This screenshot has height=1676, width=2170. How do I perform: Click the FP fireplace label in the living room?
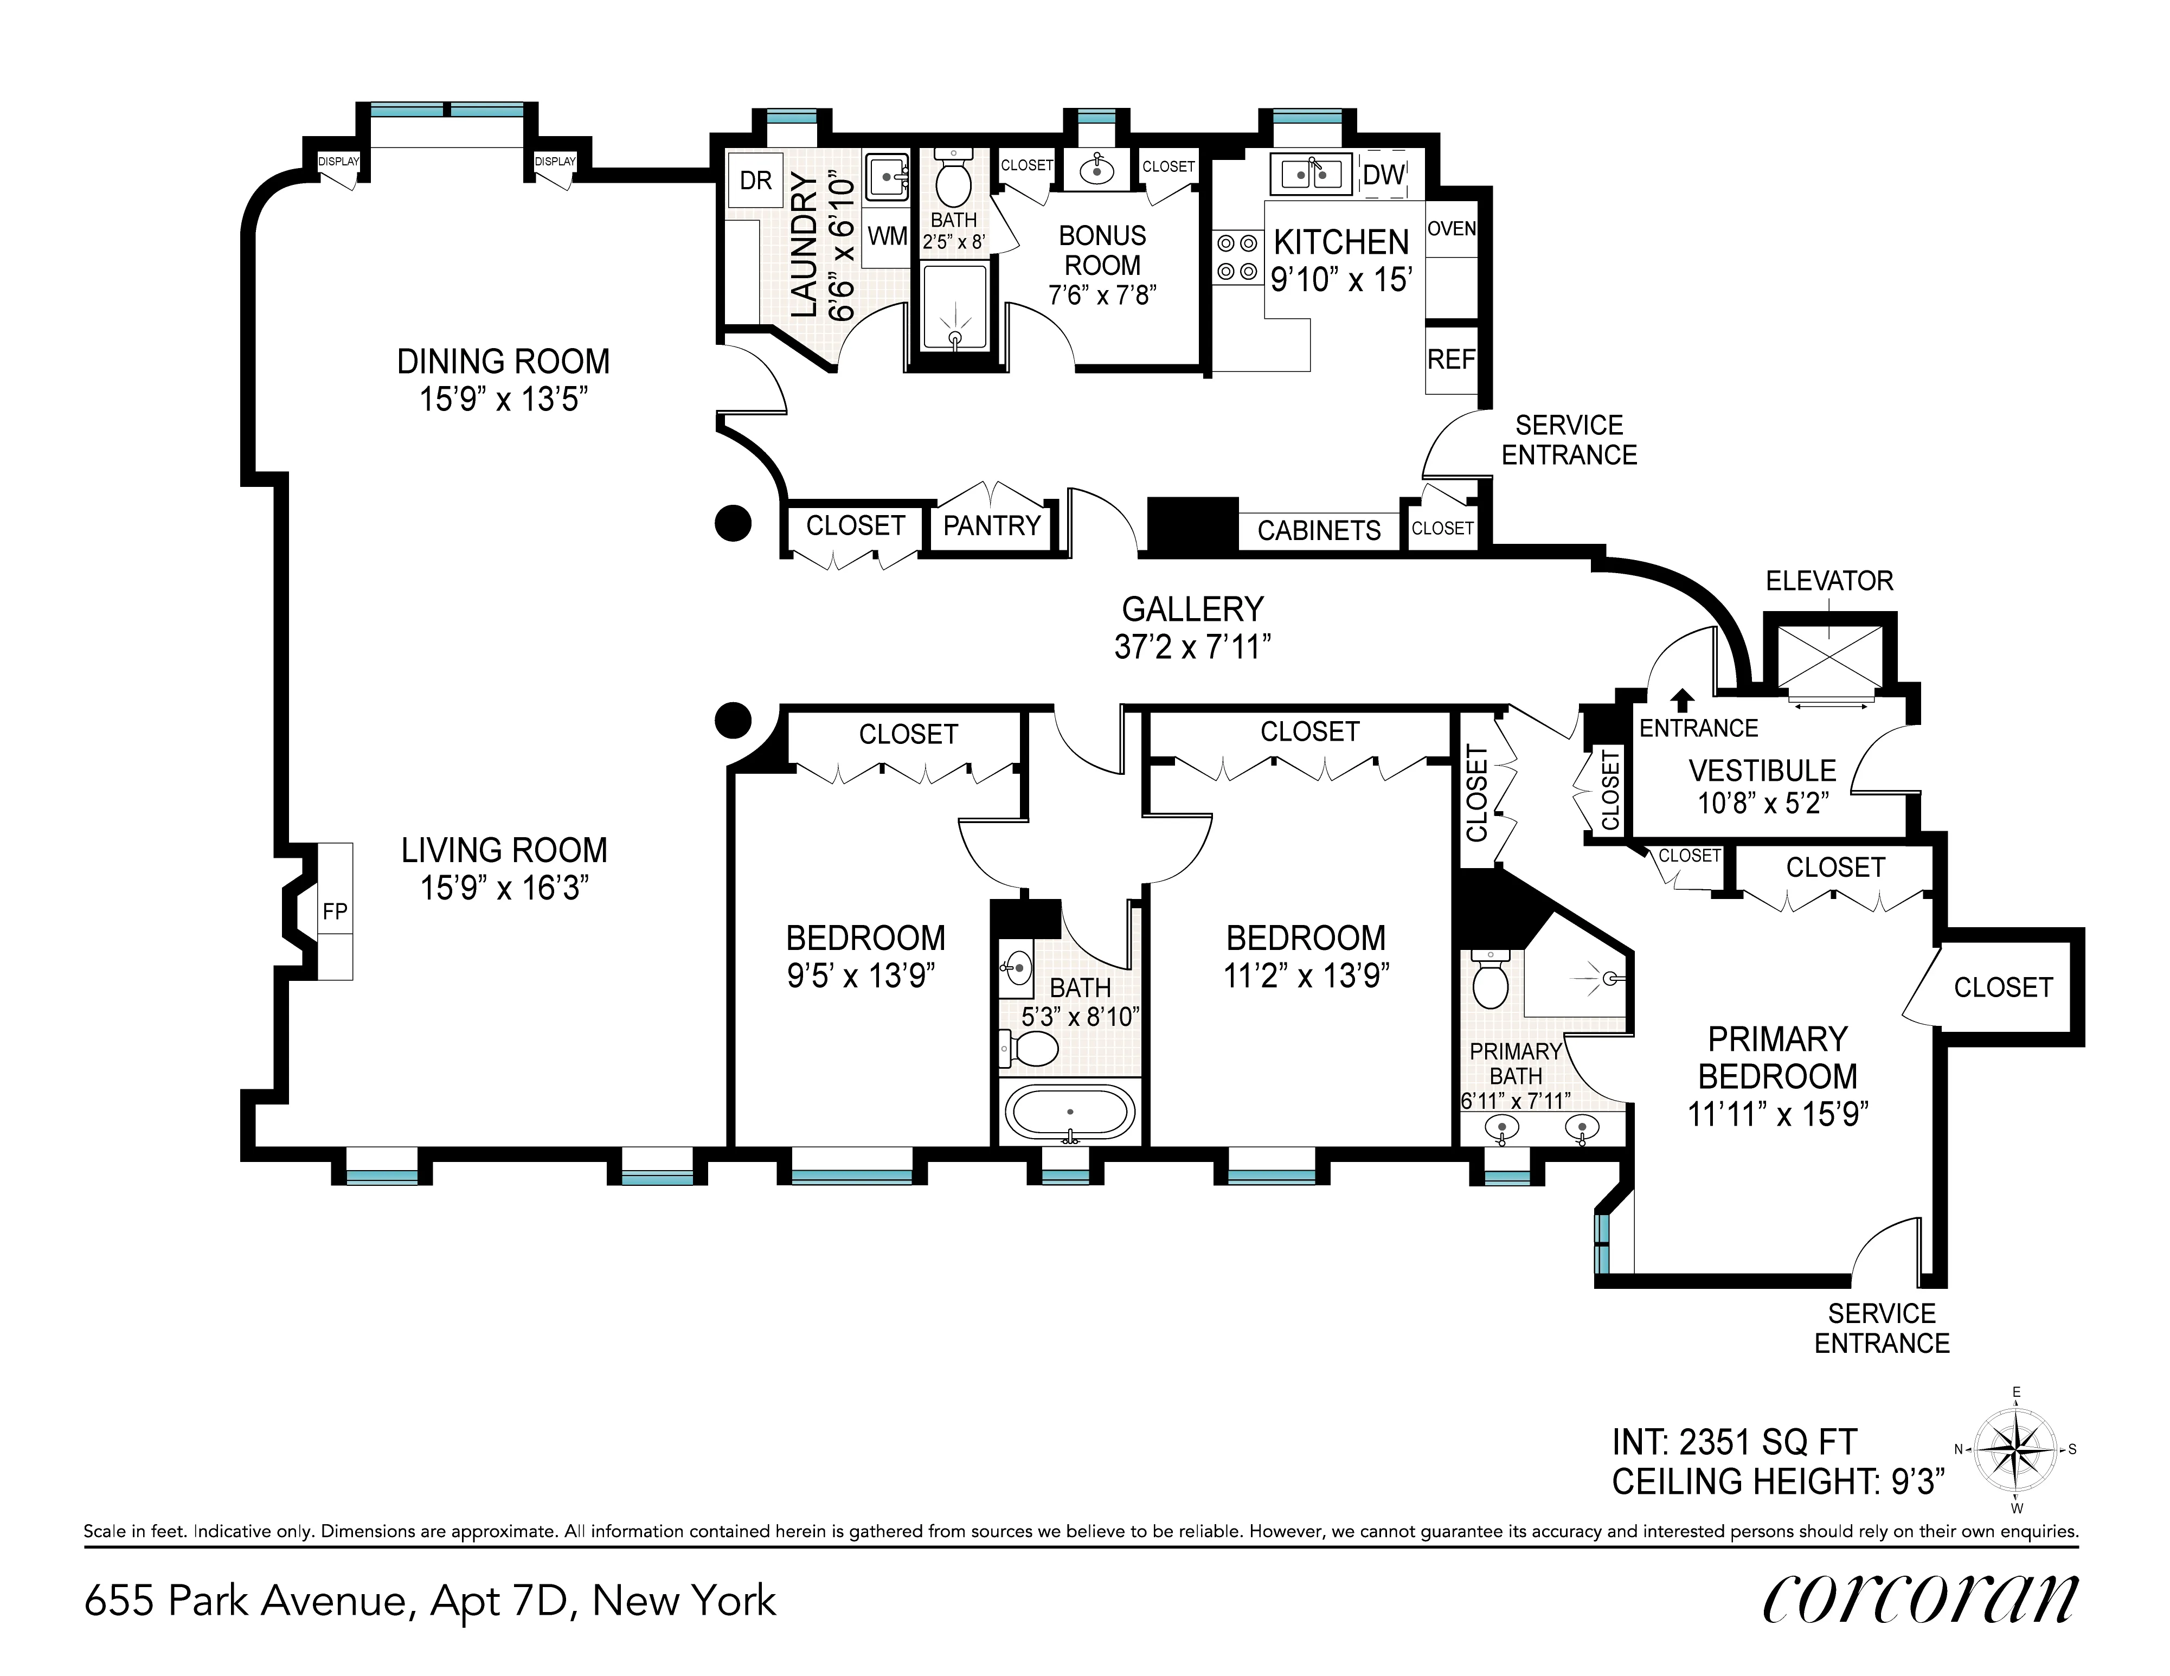coord(335,911)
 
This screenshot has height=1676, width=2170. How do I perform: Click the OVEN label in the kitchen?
coord(1452,229)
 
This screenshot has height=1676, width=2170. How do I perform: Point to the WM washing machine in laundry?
coord(887,236)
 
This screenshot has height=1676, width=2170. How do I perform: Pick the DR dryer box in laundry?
coord(755,181)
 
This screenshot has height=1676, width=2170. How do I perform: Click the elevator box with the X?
coord(1829,656)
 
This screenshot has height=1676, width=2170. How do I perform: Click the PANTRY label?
coord(992,525)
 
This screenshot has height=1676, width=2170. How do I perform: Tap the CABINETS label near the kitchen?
coord(1319,530)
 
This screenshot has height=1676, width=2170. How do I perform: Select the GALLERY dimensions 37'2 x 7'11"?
coord(1192,648)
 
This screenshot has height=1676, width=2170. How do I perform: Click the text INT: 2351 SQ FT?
coord(1734,1442)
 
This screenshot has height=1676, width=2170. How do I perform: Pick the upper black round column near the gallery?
coord(733,523)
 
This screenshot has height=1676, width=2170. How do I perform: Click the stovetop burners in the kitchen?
coord(1237,256)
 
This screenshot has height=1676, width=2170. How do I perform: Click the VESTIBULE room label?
coord(1762,771)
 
